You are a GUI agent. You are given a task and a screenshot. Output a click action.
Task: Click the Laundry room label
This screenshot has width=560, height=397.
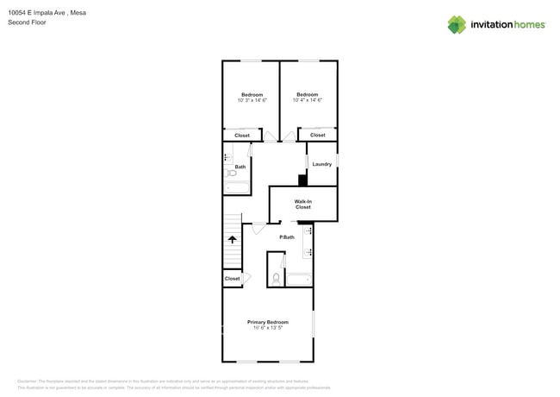click(321, 164)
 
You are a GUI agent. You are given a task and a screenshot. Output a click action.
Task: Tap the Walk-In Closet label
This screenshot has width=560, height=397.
click(303, 205)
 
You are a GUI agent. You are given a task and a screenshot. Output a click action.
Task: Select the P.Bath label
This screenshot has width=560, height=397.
click(287, 237)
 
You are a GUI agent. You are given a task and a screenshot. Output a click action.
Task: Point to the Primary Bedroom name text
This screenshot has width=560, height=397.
click(268, 322)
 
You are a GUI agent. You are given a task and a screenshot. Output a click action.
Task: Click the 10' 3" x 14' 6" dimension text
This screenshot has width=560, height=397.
click(252, 101)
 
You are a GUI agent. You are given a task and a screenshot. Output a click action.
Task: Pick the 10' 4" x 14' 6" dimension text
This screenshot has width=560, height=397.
click(308, 100)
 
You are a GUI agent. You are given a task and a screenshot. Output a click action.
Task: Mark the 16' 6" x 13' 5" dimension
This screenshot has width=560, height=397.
click(268, 328)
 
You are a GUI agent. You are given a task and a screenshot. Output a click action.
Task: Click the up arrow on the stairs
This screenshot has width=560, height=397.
click(232, 239)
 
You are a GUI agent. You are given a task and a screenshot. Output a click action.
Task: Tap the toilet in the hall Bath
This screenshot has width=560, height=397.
click(232, 173)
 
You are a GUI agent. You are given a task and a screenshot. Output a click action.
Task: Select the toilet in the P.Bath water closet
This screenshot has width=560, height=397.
click(276, 279)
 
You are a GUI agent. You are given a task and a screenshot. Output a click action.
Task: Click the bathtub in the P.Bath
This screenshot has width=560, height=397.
click(299, 280)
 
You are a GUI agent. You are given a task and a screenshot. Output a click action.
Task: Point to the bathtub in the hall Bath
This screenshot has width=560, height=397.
click(237, 186)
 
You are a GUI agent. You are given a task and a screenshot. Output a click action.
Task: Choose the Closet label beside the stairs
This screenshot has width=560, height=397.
click(232, 279)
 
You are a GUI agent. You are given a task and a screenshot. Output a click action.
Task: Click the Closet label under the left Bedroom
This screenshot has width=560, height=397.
click(242, 135)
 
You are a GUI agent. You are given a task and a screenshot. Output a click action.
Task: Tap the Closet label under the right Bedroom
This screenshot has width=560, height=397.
click(318, 135)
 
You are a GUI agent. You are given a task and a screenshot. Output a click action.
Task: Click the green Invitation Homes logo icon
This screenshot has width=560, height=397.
click(457, 24)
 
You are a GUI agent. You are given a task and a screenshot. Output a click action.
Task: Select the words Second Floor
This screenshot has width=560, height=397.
click(27, 22)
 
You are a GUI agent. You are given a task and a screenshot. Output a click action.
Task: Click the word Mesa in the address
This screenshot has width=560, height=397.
click(78, 13)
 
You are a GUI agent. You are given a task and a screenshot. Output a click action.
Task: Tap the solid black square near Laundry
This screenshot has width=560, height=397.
click(302, 180)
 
